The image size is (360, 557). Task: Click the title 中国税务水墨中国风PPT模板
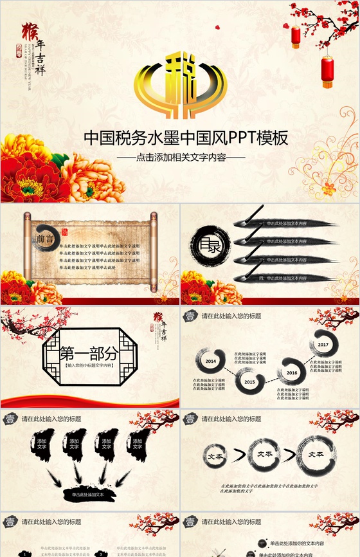point(186,138)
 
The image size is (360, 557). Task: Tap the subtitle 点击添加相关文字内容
point(181,157)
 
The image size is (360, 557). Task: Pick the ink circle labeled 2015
point(249,381)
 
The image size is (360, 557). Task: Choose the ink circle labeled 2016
point(292,372)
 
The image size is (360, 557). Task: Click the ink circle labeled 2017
point(323,345)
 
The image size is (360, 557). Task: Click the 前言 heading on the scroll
point(45,239)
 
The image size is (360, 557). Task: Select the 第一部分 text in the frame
point(89,353)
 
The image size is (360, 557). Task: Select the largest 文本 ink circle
point(316,454)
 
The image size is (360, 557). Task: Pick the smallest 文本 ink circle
point(216,455)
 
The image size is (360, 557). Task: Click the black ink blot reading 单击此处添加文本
point(89,494)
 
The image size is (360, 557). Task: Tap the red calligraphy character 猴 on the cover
point(29,30)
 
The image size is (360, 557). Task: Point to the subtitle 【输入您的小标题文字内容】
point(89,365)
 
